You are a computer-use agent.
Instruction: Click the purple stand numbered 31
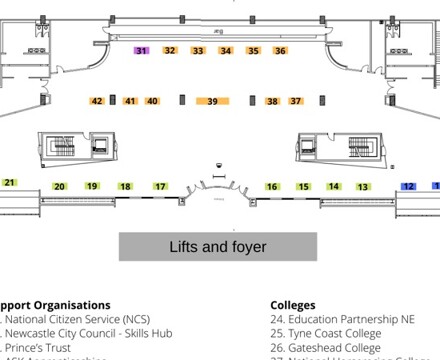click(x=141, y=50)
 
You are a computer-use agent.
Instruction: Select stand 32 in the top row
click(x=170, y=50)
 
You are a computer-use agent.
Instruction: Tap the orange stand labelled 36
click(x=280, y=50)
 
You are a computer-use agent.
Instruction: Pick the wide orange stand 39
click(x=213, y=101)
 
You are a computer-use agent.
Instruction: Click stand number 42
click(x=97, y=101)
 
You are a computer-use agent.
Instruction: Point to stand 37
click(x=296, y=101)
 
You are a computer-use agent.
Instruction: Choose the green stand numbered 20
click(x=60, y=187)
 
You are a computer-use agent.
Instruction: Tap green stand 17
click(x=160, y=187)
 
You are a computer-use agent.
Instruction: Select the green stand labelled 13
click(x=363, y=187)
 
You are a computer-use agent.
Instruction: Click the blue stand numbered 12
click(x=409, y=186)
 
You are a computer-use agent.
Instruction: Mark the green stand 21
click(x=10, y=182)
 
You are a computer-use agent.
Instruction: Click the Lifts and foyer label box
click(x=218, y=246)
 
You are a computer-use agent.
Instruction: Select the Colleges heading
click(x=293, y=305)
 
